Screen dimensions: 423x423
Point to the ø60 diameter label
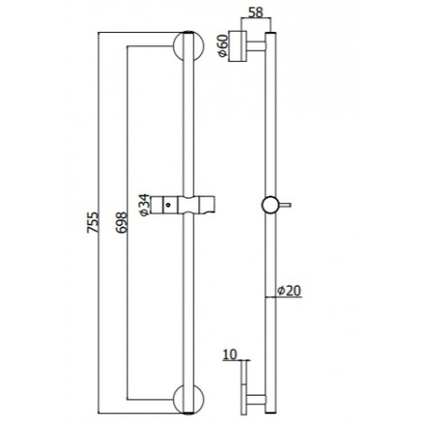tap(223, 46)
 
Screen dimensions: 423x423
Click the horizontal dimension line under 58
tap(254, 23)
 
